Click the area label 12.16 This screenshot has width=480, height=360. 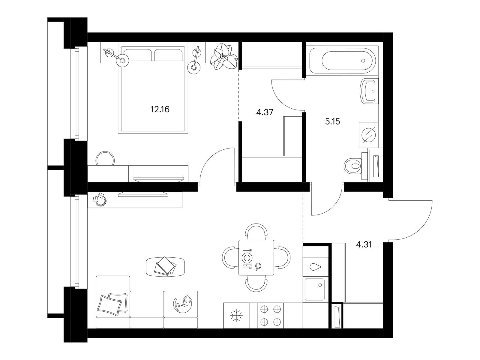(x=160, y=109)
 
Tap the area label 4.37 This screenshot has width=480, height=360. (x=265, y=112)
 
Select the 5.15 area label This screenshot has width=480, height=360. (x=332, y=121)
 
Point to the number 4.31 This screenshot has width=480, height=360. (x=364, y=244)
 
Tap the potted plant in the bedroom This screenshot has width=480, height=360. (x=224, y=56)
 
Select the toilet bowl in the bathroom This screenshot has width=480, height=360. (x=352, y=166)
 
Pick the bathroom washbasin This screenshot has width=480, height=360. (x=368, y=91)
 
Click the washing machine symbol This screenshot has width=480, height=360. (x=368, y=135)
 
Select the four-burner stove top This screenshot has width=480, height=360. (x=271, y=315)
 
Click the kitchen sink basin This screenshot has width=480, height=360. (x=315, y=289)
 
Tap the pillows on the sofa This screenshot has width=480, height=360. (x=112, y=304)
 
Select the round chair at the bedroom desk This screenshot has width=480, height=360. (x=105, y=158)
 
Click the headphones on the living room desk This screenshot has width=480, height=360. (x=100, y=199)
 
